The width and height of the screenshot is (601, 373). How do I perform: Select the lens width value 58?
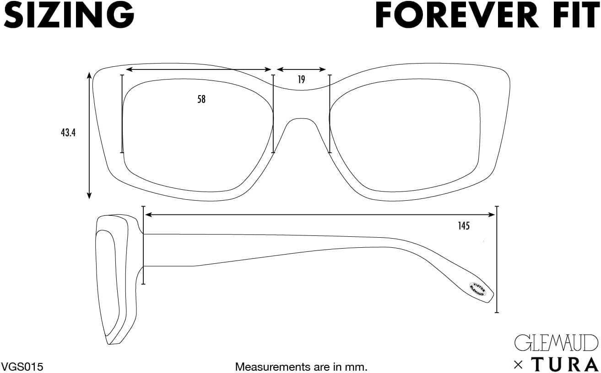[201, 99]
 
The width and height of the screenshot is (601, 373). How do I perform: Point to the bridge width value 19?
[301, 80]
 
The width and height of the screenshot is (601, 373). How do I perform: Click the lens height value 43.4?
[68, 133]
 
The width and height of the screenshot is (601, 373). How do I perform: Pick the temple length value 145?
[463, 225]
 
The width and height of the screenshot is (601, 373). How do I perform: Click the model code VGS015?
[23, 366]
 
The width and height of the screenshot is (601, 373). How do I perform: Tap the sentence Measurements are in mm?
[301, 366]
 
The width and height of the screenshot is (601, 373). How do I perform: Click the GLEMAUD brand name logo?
[556, 343]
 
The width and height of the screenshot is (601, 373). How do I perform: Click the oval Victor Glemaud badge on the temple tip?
[478, 288]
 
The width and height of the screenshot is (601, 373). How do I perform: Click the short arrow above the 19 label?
[301, 69]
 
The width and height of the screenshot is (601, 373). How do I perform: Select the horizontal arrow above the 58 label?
[199, 69]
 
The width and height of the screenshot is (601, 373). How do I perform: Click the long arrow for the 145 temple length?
[320, 214]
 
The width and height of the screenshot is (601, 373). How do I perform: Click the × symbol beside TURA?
[518, 364]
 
